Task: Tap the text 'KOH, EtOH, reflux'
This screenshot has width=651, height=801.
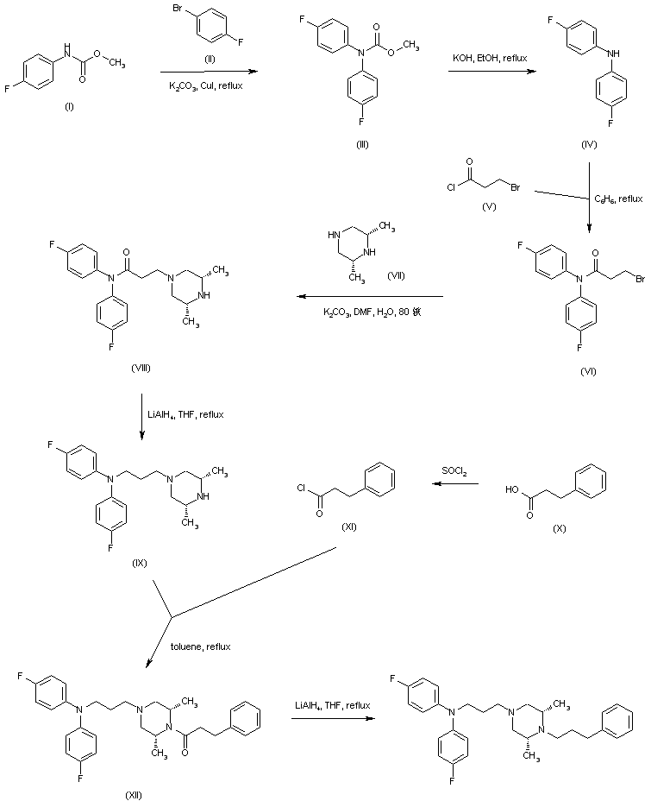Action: [490, 57]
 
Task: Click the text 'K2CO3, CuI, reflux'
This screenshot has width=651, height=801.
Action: [204, 87]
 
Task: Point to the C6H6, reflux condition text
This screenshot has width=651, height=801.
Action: [619, 199]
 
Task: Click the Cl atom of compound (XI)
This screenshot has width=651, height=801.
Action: [298, 490]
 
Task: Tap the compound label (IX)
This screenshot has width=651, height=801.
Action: [141, 563]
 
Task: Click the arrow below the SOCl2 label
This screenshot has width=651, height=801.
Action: [455, 484]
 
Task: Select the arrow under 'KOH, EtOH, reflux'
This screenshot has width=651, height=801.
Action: [490, 73]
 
